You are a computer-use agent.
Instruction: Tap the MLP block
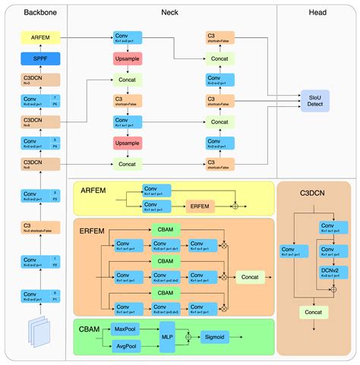(167, 337)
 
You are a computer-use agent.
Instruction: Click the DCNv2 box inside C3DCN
(330, 272)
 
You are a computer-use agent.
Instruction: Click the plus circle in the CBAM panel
(188, 337)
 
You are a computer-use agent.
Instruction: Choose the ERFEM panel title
(93, 231)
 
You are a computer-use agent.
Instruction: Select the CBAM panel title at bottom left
(91, 328)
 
